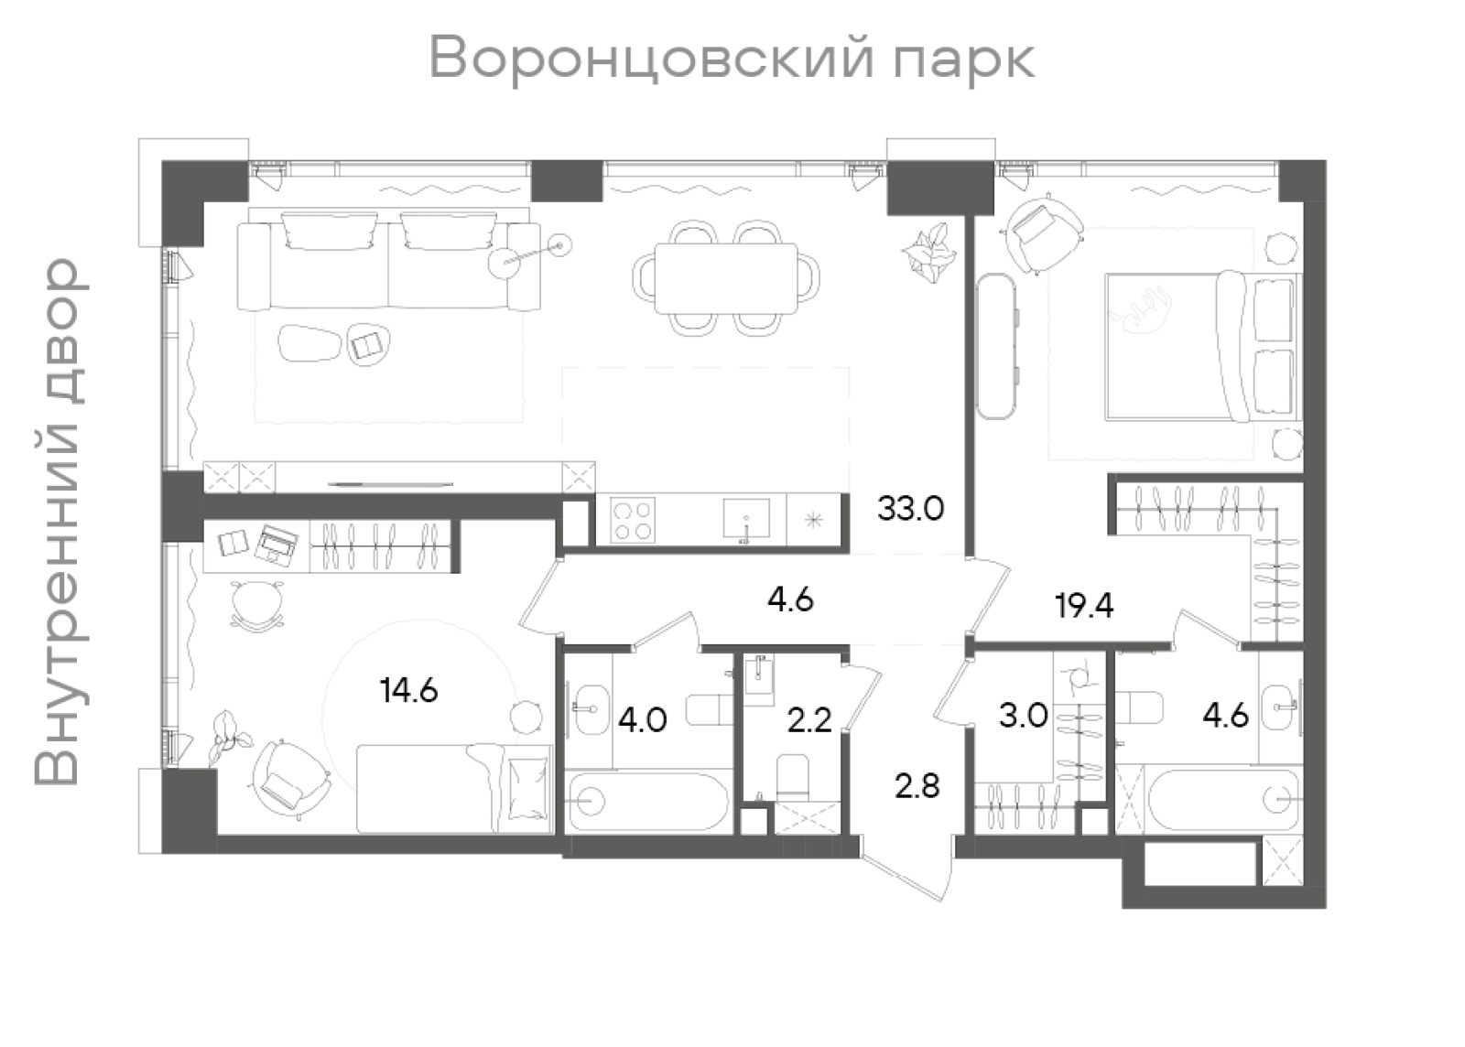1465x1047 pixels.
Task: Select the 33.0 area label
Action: [x=910, y=509]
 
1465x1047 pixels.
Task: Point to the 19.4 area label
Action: [x=1084, y=605]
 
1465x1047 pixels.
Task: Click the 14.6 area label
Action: [x=409, y=690]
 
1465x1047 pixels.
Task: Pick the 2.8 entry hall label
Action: [x=917, y=785]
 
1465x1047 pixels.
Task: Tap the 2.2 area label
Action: [x=809, y=720]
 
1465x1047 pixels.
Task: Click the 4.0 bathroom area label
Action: [x=642, y=720]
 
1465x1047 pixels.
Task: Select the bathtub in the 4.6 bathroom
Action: [x=1222, y=799]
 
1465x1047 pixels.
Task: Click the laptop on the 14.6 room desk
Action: [x=277, y=545]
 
